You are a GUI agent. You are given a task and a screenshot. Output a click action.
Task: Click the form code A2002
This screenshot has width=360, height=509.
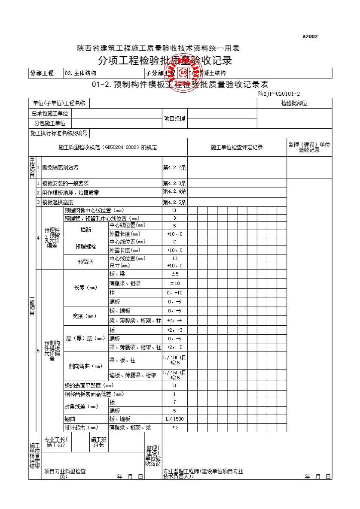coord(310,36)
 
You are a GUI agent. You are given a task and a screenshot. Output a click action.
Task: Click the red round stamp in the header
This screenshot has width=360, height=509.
coord(184,72)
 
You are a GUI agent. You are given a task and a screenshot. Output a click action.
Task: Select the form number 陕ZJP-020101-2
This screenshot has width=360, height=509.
coord(279,94)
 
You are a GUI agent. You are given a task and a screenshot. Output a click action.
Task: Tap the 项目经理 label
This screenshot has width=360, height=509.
coord(174,118)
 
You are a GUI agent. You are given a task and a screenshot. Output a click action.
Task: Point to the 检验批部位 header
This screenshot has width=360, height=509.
coord(294,103)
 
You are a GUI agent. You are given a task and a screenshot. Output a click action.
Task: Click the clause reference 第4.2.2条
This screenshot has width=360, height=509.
coord(174,168)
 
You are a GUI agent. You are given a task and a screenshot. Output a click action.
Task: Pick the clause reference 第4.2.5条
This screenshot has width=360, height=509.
coord(174,202)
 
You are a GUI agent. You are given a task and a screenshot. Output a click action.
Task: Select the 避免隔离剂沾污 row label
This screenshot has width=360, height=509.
coord(61,168)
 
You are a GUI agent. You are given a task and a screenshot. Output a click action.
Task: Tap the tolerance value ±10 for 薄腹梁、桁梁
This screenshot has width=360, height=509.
coord(174,283)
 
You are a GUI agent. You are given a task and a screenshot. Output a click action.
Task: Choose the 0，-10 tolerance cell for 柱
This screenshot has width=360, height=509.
coord(174,293)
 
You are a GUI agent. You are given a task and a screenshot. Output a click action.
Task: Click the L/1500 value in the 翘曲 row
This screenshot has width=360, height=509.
coord(174,419)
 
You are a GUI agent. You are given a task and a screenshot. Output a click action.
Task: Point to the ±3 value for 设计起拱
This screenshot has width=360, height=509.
coord(174,427)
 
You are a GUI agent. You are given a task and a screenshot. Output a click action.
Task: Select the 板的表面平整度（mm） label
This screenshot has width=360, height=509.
coord(89,385)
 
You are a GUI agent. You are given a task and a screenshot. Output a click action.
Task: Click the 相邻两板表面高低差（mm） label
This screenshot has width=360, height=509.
coord(95,394)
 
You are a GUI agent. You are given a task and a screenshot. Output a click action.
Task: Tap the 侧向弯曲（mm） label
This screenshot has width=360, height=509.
coord(86,366)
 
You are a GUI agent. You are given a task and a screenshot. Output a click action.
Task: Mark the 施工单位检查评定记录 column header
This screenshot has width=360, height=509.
coord(237,148)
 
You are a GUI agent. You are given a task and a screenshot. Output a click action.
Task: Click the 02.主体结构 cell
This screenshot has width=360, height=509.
coord(80,73)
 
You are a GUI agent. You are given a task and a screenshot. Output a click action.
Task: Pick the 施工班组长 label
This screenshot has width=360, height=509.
coord(99,442)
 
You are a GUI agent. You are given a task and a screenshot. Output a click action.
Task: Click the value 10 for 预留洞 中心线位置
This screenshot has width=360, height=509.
coord(174,258)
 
